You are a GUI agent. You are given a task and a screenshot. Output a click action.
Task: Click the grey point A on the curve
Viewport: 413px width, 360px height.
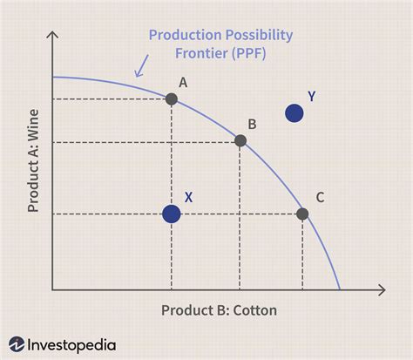tap(172, 98)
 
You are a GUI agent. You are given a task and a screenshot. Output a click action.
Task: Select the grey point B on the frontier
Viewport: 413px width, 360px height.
tap(240, 140)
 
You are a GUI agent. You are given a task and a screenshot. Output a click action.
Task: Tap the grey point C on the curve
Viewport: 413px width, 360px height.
tap(302, 214)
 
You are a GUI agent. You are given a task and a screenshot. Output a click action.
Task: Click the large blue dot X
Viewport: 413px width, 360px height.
tap(172, 214)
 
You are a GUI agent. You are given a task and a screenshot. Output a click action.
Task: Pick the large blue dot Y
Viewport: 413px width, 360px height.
tap(295, 112)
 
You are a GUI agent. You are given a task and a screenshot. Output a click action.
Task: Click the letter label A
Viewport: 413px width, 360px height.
tap(183, 82)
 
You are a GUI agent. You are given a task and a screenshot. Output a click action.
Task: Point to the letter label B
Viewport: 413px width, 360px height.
tap(252, 124)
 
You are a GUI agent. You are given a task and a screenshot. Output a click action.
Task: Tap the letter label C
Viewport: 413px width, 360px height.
tap(320, 197)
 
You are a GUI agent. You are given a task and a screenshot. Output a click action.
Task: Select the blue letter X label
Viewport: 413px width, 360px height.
tap(189, 197)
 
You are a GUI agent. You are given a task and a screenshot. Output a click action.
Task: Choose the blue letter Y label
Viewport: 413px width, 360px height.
tap(311, 95)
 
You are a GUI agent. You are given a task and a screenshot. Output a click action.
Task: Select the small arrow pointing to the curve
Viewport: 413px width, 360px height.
tap(139, 67)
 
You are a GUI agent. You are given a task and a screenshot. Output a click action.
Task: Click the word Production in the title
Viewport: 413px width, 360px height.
tap(182, 36)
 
